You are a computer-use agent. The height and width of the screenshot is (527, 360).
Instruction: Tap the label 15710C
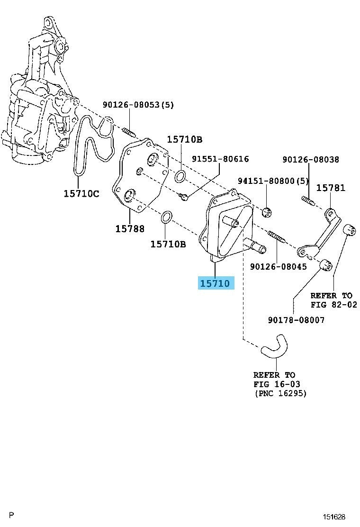[x=81, y=193]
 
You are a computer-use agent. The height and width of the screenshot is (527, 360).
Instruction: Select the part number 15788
[x=130, y=228]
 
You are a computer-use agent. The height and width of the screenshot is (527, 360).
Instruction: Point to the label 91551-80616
[x=220, y=159]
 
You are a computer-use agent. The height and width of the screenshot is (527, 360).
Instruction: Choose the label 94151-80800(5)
[x=273, y=181]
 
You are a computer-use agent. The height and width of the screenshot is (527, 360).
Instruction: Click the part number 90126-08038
[x=311, y=160]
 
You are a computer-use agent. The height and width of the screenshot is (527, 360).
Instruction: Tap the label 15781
[x=331, y=188]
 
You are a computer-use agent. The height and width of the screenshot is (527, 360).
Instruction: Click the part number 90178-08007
[x=297, y=320]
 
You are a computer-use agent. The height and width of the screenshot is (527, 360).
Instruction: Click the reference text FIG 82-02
[x=333, y=305]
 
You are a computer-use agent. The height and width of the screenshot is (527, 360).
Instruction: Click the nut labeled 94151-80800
[x=267, y=211]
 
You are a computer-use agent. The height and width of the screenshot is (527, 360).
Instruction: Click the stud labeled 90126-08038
[x=308, y=200]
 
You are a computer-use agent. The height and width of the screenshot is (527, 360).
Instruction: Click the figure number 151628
[x=334, y=516]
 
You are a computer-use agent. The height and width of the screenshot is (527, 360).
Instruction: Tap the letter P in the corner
[x=11, y=514]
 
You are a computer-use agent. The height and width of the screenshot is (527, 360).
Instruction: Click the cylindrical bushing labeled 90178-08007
[x=325, y=266]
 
